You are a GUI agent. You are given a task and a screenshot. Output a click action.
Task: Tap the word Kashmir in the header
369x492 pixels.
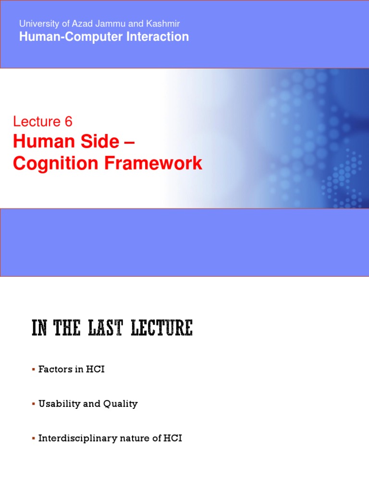164,24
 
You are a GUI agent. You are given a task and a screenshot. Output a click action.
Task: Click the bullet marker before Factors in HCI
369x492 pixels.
34,370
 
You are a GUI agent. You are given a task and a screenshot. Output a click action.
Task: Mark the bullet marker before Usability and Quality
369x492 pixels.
34,405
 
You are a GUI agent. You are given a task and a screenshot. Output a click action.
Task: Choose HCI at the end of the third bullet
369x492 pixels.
172,439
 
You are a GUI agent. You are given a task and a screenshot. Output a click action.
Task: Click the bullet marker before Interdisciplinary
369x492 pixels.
34,439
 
